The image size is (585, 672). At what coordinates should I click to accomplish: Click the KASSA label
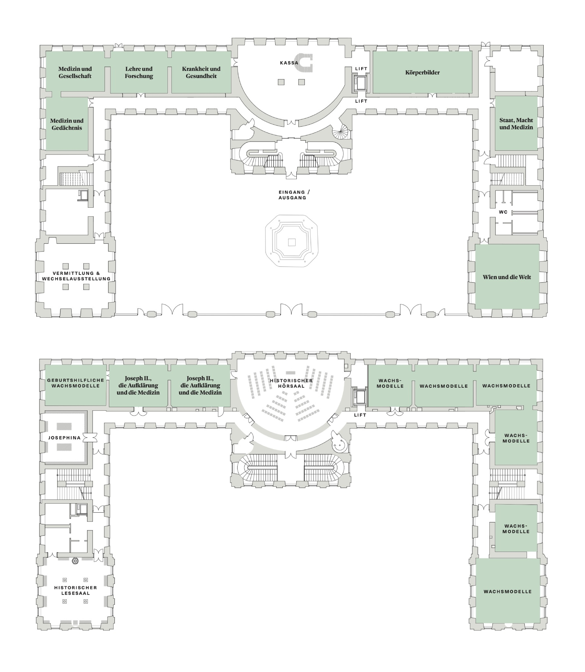pyautogui.click(x=289, y=63)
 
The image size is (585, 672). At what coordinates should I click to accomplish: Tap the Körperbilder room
pyautogui.click(x=422, y=72)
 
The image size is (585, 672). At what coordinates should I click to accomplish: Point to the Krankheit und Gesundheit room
pyautogui.click(x=201, y=72)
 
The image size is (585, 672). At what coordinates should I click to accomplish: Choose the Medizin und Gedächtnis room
pyautogui.click(x=67, y=124)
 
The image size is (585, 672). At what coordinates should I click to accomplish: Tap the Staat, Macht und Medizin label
pyautogui.click(x=516, y=124)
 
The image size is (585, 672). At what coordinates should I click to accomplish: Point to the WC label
pyautogui.click(x=503, y=212)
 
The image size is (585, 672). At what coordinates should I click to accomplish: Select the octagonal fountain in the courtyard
pyautogui.click(x=292, y=241)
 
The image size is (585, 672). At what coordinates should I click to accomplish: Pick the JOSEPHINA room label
pyautogui.click(x=64, y=437)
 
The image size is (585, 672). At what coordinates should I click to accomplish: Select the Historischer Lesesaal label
pyautogui.click(x=75, y=590)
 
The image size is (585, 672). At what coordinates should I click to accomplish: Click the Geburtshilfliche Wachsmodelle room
pyautogui.click(x=75, y=385)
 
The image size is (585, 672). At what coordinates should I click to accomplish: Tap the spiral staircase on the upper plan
pyautogui.click(x=341, y=131)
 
